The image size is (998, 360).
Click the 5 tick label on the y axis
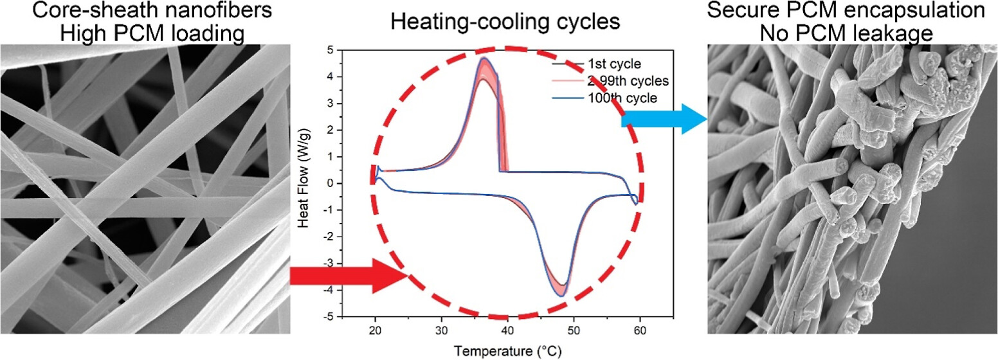point(329,50)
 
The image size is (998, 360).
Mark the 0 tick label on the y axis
point(329,183)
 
